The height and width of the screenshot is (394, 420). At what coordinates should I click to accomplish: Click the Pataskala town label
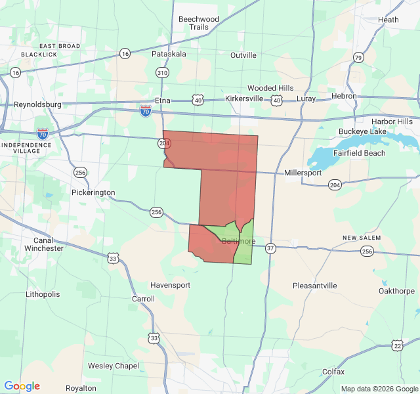click(x=169, y=54)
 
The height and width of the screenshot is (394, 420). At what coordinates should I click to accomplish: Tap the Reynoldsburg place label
click(x=37, y=104)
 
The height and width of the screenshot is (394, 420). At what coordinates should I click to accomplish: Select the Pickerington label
click(x=93, y=192)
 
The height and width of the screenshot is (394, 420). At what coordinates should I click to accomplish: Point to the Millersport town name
click(x=303, y=173)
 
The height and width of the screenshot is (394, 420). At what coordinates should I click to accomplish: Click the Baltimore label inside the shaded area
click(x=238, y=241)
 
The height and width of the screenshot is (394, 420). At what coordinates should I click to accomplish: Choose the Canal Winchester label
click(x=44, y=244)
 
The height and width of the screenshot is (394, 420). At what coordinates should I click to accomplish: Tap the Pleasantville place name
click(x=314, y=286)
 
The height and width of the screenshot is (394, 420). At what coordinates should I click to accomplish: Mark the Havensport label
click(x=170, y=286)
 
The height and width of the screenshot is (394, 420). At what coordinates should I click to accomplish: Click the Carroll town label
click(x=144, y=299)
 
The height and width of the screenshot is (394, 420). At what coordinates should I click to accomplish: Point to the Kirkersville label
click(x=244, y=98)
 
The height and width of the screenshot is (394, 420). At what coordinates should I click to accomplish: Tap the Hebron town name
click(x=344, y=96)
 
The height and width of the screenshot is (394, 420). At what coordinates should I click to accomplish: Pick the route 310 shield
click(x=162, y=72)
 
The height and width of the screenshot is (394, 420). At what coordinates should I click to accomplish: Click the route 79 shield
click(x=358, y=58)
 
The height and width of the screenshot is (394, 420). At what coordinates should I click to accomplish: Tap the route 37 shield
click(x=271, y=248)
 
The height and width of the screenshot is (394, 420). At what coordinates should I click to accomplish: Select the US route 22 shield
click(x=397, y=345)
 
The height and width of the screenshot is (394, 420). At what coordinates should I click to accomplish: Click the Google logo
click(x=22, y=386)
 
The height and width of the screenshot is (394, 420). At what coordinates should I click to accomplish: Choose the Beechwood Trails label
click(x=199, y=23)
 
